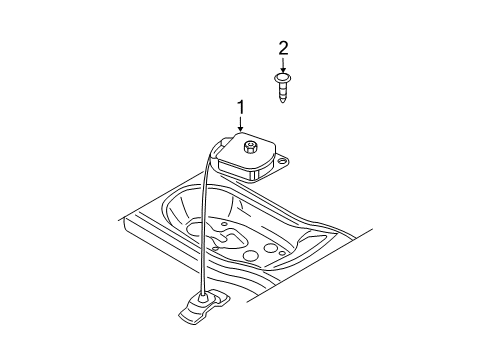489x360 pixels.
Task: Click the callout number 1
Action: (x=240, y=106)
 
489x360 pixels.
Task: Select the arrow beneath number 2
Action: (x=283, y=64)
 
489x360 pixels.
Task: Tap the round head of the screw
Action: (x=283, y=76)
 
